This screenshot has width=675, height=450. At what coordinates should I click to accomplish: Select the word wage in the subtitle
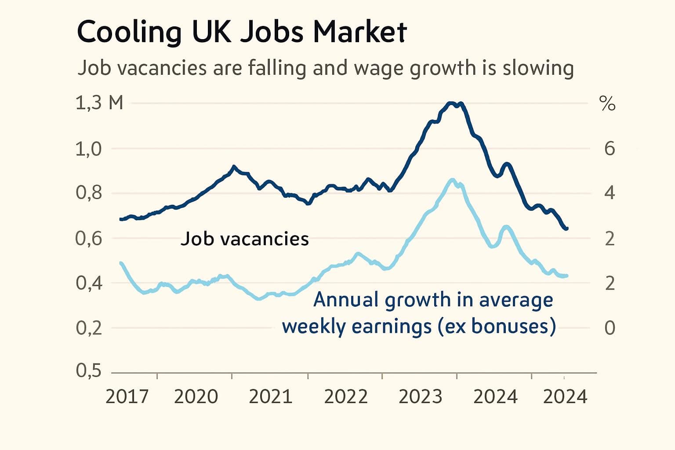(379, 69)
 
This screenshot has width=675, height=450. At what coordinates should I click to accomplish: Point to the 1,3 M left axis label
(99, 103)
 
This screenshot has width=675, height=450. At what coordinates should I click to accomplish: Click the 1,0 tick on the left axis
(88, 149)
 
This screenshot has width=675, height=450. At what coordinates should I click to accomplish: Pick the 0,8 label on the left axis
(88, 193)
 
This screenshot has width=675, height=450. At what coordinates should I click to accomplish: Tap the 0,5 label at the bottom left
(88, 371)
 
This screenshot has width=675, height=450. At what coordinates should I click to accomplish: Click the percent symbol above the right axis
(607, 104)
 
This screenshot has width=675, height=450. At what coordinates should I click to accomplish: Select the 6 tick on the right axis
(610, 149)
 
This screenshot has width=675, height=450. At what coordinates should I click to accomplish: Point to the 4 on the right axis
(610, 193)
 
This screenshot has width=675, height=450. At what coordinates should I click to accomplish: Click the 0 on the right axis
(610, 328)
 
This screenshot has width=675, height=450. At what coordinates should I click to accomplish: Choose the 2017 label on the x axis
(127, 396)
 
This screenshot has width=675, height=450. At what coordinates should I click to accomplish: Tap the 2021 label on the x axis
(270, 396)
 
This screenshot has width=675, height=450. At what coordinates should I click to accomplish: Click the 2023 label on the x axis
(420, 396)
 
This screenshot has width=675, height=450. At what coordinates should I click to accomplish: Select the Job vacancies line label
(245, 239)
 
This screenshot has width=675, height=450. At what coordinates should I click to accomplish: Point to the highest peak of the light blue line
(452, 180)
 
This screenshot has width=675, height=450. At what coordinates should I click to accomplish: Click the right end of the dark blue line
(566, 229)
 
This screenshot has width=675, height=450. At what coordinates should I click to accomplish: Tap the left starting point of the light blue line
(121, 263)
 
